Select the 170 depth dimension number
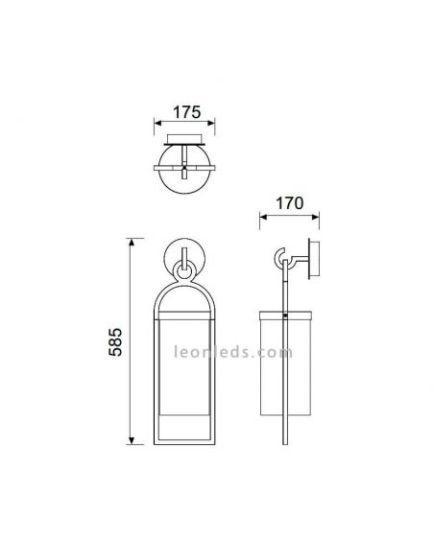pyautogui.click(x=289, y=203)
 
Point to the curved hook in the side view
pyautogui.click(x=279, y=257)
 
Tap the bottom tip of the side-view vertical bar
pyautogui.click(x=287, y=444)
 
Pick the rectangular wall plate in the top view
pyautogui.click(x=184, y=140)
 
